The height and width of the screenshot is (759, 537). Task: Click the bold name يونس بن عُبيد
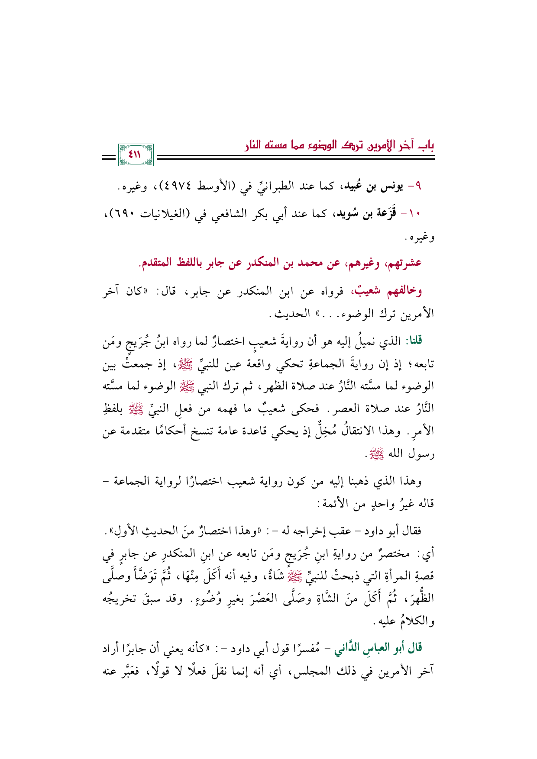pos(371,187)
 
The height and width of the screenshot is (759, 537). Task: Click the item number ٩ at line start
pos(418,187)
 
